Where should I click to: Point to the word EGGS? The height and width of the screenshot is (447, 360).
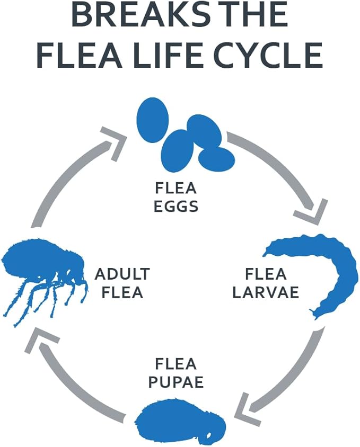pos(176,206)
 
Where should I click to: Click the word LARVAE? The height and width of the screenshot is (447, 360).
pos(266,292)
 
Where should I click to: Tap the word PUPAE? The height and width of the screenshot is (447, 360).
pos(176,381)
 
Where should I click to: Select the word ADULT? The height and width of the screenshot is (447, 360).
pos(122,274)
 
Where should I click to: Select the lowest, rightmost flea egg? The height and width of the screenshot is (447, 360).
pos(216,159)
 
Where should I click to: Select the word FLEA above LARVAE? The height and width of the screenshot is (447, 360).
pos(266,274)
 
